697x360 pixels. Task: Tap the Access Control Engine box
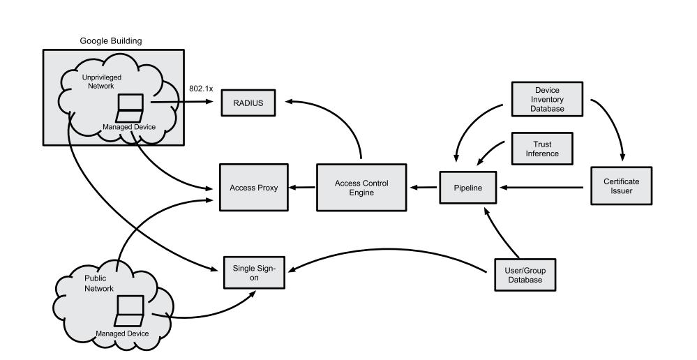coord(361,187)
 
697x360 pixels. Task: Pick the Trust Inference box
coord(541,149)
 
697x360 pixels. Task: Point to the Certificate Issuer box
coord(620,186)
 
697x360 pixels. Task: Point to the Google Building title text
coord(111,41)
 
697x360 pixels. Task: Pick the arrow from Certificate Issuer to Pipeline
coord(544,187)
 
